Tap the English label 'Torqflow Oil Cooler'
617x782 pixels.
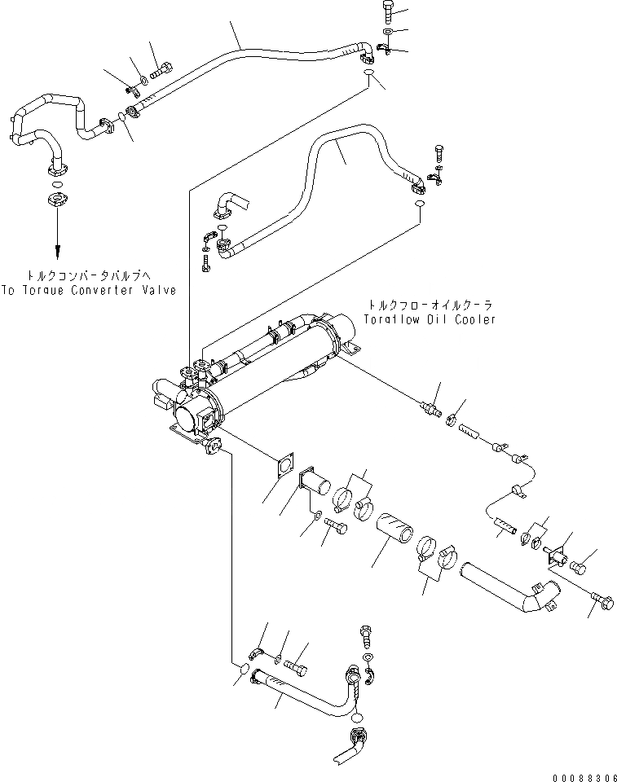click(x=430, y=320)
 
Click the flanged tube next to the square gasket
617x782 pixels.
click(x=315, y=487)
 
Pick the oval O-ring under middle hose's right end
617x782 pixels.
click(x=418, y=203)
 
